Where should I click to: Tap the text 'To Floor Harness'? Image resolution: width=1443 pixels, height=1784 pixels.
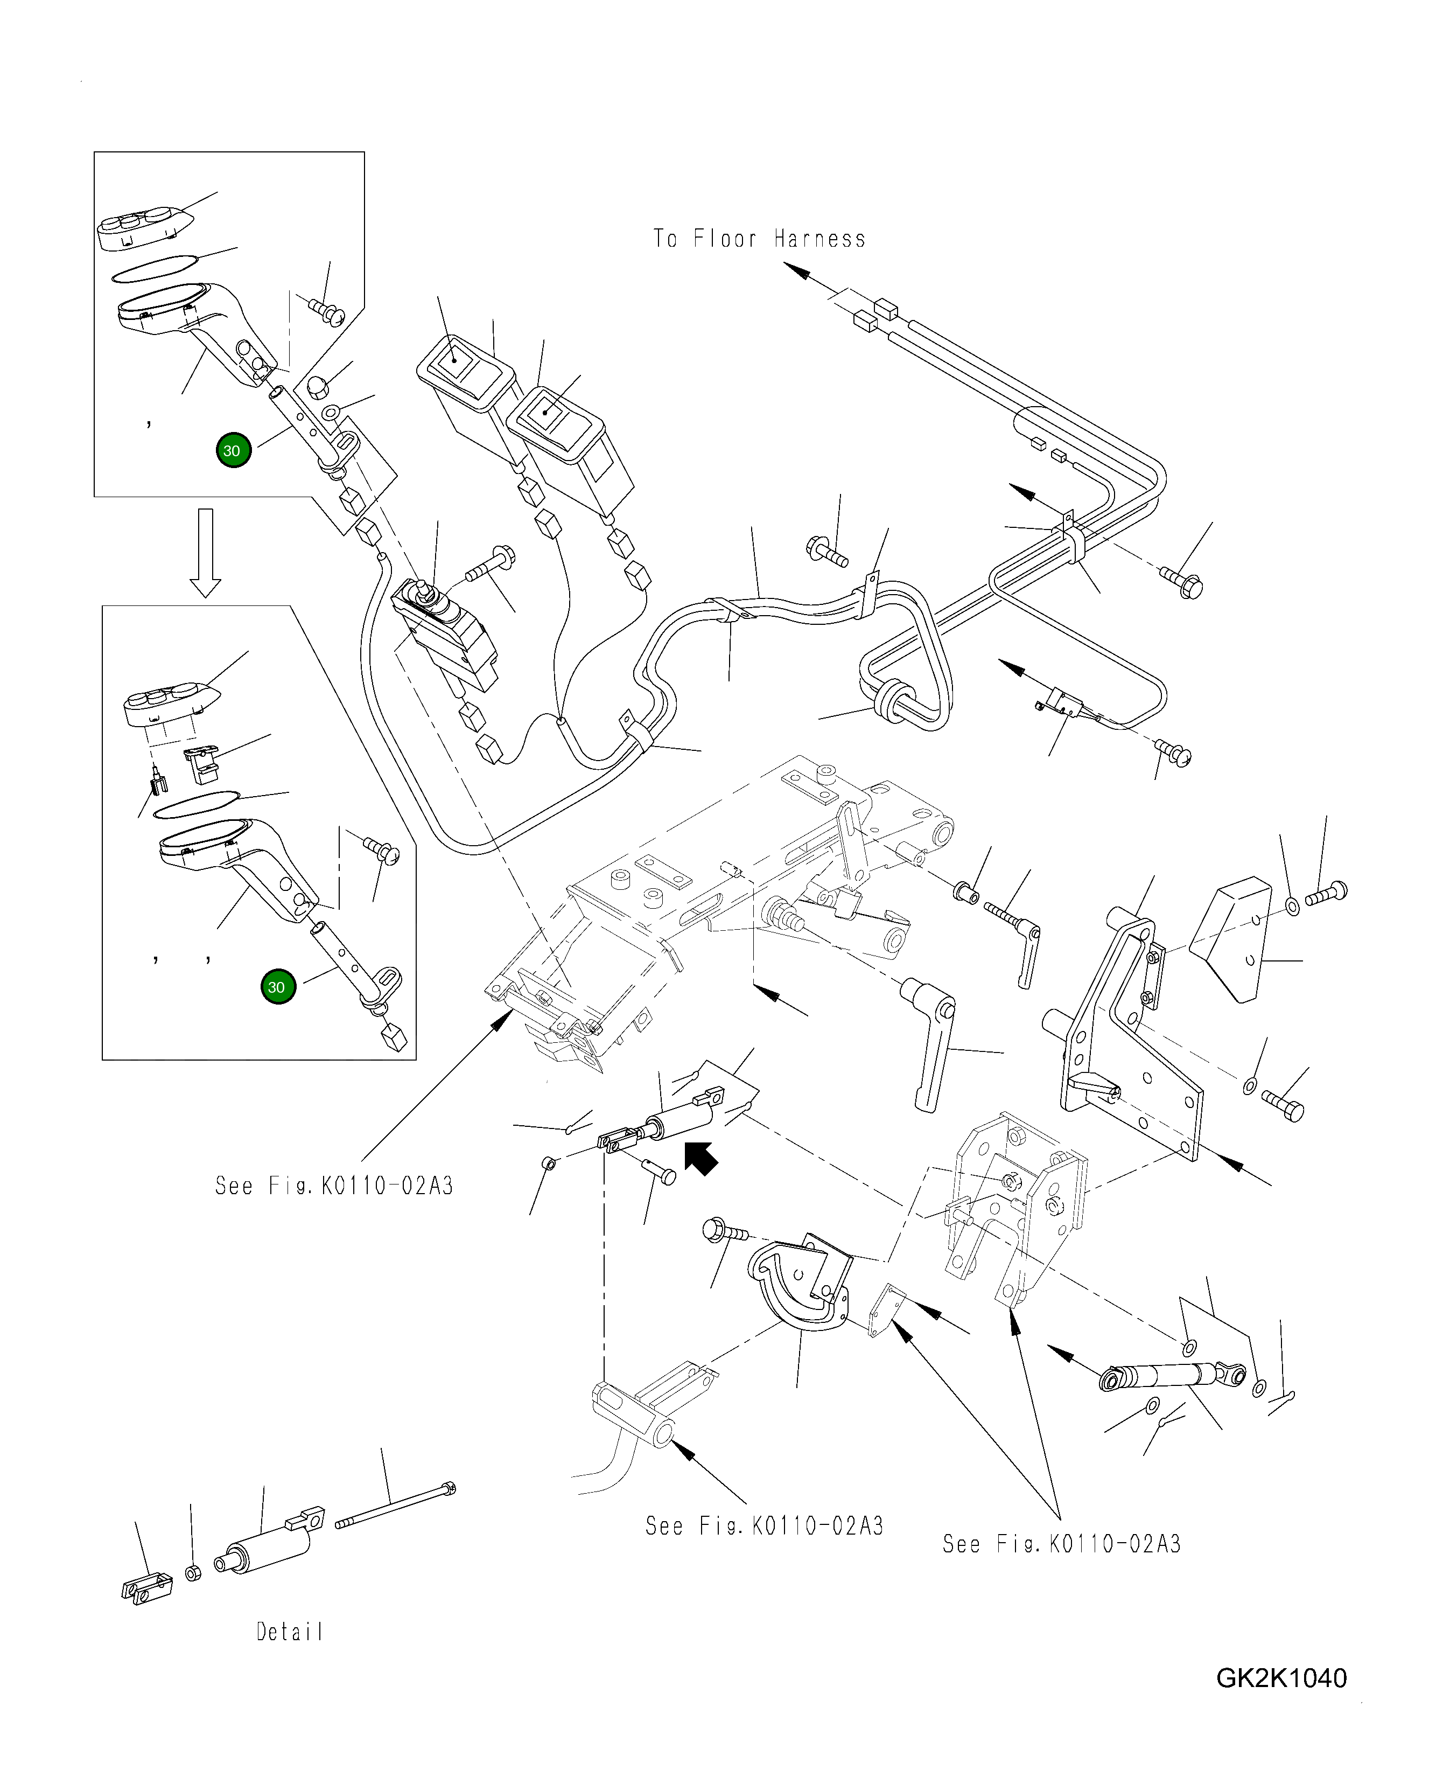coord(759,239)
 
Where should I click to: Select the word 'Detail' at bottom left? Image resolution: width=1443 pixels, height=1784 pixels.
coord(289,1632)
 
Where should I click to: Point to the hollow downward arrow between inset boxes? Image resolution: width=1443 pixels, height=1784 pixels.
coord(205,553)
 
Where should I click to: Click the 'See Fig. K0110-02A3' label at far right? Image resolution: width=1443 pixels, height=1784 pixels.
coord(1061,1544)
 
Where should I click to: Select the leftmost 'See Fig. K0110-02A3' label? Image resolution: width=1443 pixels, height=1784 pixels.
coord(334,1186)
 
